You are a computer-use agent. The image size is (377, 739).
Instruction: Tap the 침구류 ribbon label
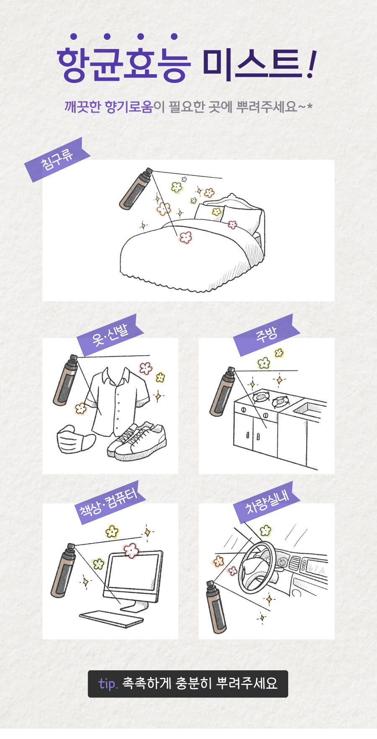[57, 160]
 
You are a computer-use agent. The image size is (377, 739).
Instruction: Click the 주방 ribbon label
[266, 335]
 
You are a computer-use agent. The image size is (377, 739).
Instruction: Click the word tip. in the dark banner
[108, 683]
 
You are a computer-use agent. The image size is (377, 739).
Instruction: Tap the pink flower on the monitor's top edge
[131, 550]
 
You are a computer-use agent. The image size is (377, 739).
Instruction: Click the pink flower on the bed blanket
[185, 238]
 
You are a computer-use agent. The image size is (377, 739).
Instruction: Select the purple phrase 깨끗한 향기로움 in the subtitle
[108, 107]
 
